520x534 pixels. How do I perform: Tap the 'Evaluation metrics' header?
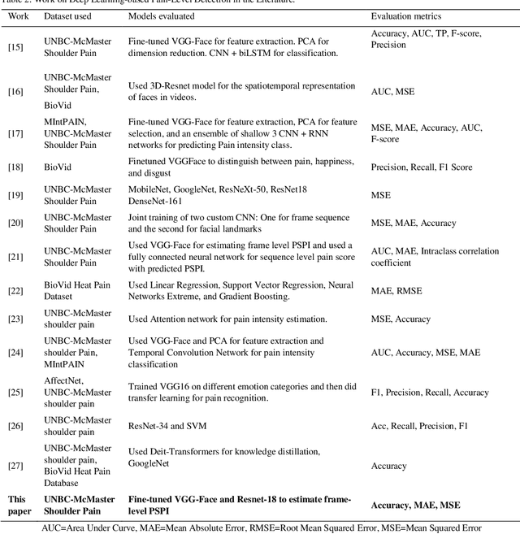[x=407, y=16]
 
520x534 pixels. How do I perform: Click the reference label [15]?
[x=15, y=47]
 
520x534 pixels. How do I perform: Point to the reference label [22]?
[x=15, y=290]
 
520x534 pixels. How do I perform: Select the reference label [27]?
[x=15, y=466]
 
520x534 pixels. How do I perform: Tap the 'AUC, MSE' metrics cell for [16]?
[x=392, y=92]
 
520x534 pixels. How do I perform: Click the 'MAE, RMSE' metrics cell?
[x=396, y=290]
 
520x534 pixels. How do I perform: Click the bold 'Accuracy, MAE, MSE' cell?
[x=415, y=505]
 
